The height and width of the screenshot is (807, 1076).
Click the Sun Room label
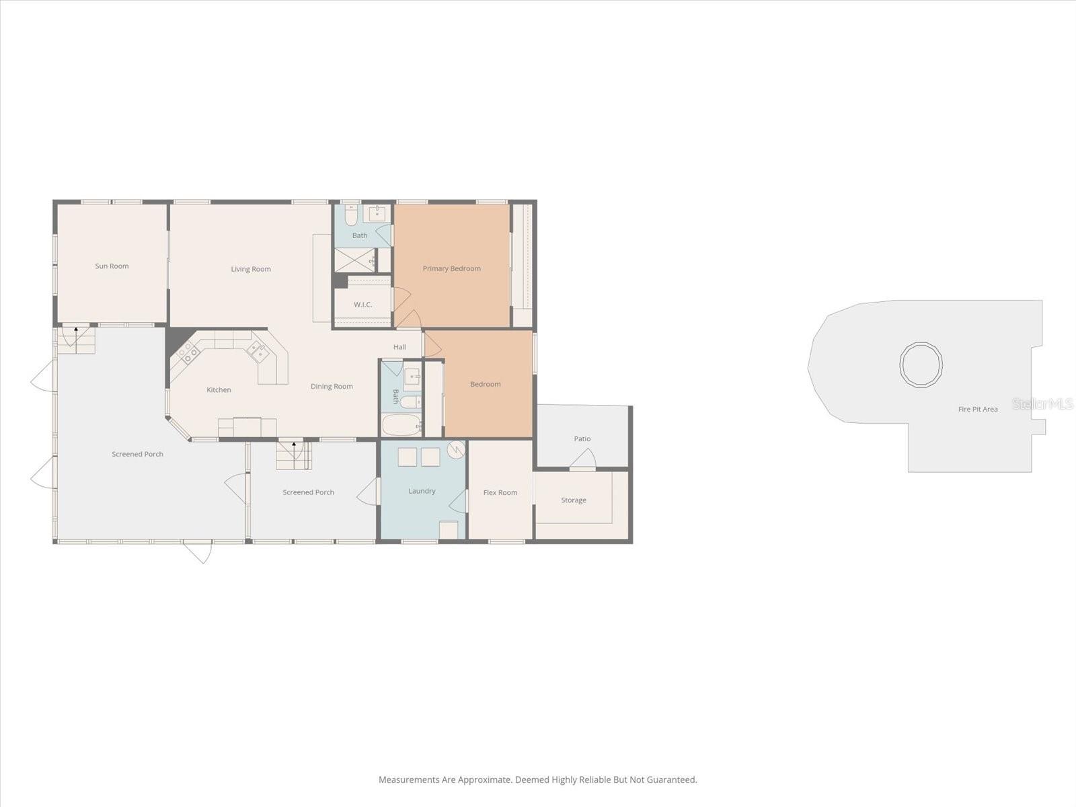(x=112, y=266)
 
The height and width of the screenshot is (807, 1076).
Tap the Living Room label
(x=251, y=269)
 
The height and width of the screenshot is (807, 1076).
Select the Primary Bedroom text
(x=451, y=268)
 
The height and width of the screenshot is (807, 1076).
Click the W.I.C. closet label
(x=362, y=305)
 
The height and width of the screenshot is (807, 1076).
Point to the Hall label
(x=399, y=347)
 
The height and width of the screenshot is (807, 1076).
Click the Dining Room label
(x=332, y=387)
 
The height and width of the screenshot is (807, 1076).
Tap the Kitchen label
(x=219, y=390)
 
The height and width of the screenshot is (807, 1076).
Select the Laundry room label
(x=422, y=491)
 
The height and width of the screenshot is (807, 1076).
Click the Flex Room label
(x=500, y=492)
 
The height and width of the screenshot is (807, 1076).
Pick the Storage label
(x=574, y=500)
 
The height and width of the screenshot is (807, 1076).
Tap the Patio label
(x=582, y=439)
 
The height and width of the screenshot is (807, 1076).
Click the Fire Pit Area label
(x=978, y=409)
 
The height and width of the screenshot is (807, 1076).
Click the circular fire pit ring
(x=921, y=364)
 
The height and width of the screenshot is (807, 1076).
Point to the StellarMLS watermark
(x=1042, y=404)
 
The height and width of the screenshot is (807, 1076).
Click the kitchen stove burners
(x=187, y=352)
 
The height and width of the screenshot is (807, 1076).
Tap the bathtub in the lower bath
(x=401, y=426)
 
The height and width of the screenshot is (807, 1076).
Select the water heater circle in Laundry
(x=456, y=448)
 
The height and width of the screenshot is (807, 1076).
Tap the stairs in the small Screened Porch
(x=294, y=455)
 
